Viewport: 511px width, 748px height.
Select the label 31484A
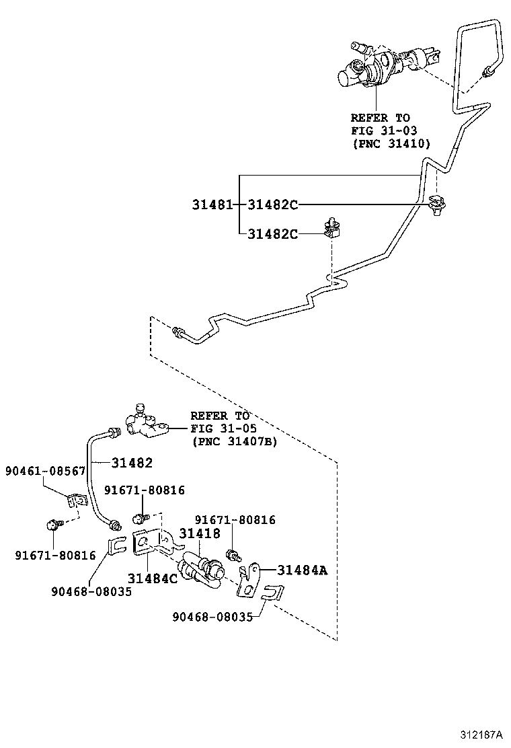pyautogui.click(x=302, y=570)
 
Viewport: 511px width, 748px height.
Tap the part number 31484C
pyautogui.click(x=153, y=578)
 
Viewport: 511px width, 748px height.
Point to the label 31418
pyautogui.click(x=199, y=534)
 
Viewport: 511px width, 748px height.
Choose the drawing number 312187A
pyautogui.click(x=481, y=734)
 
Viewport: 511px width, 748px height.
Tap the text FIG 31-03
pyautogui.click(x=380, y=130)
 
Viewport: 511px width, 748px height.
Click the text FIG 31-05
pyautogui.click(x=223, y=428)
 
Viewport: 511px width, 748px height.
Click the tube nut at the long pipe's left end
pyautogui.click(x=181, y=332)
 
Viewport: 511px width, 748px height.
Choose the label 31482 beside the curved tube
pyautogui.click(x=132, y=463)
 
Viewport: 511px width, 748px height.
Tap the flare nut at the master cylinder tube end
pyautogui.click(x=486, y=73)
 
